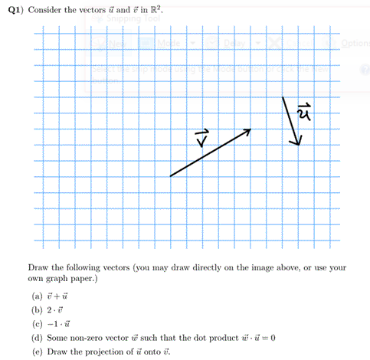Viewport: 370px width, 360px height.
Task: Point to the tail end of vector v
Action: pos(170,177)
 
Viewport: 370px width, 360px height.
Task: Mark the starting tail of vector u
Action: pos(283,97)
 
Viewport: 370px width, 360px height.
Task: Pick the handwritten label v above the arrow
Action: pos(201,142)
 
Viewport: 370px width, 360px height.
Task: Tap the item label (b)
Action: pos(34,309)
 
